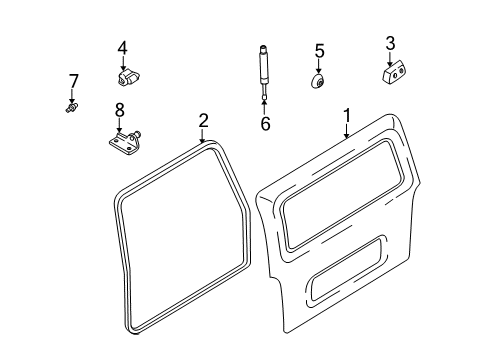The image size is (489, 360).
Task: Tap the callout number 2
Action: (x=203, y=121)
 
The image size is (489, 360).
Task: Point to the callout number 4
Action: (x=122, y=47)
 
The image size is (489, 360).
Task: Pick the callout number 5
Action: (x=320, y=49)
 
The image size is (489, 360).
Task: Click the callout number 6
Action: (x=265, y=124)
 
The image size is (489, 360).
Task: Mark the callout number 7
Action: (x=73, y=80)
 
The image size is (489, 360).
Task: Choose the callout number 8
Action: (x=120, y=110)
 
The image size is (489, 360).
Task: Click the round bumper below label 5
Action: (x=318, y=80)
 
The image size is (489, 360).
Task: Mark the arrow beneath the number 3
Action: (x=390, y=56)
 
